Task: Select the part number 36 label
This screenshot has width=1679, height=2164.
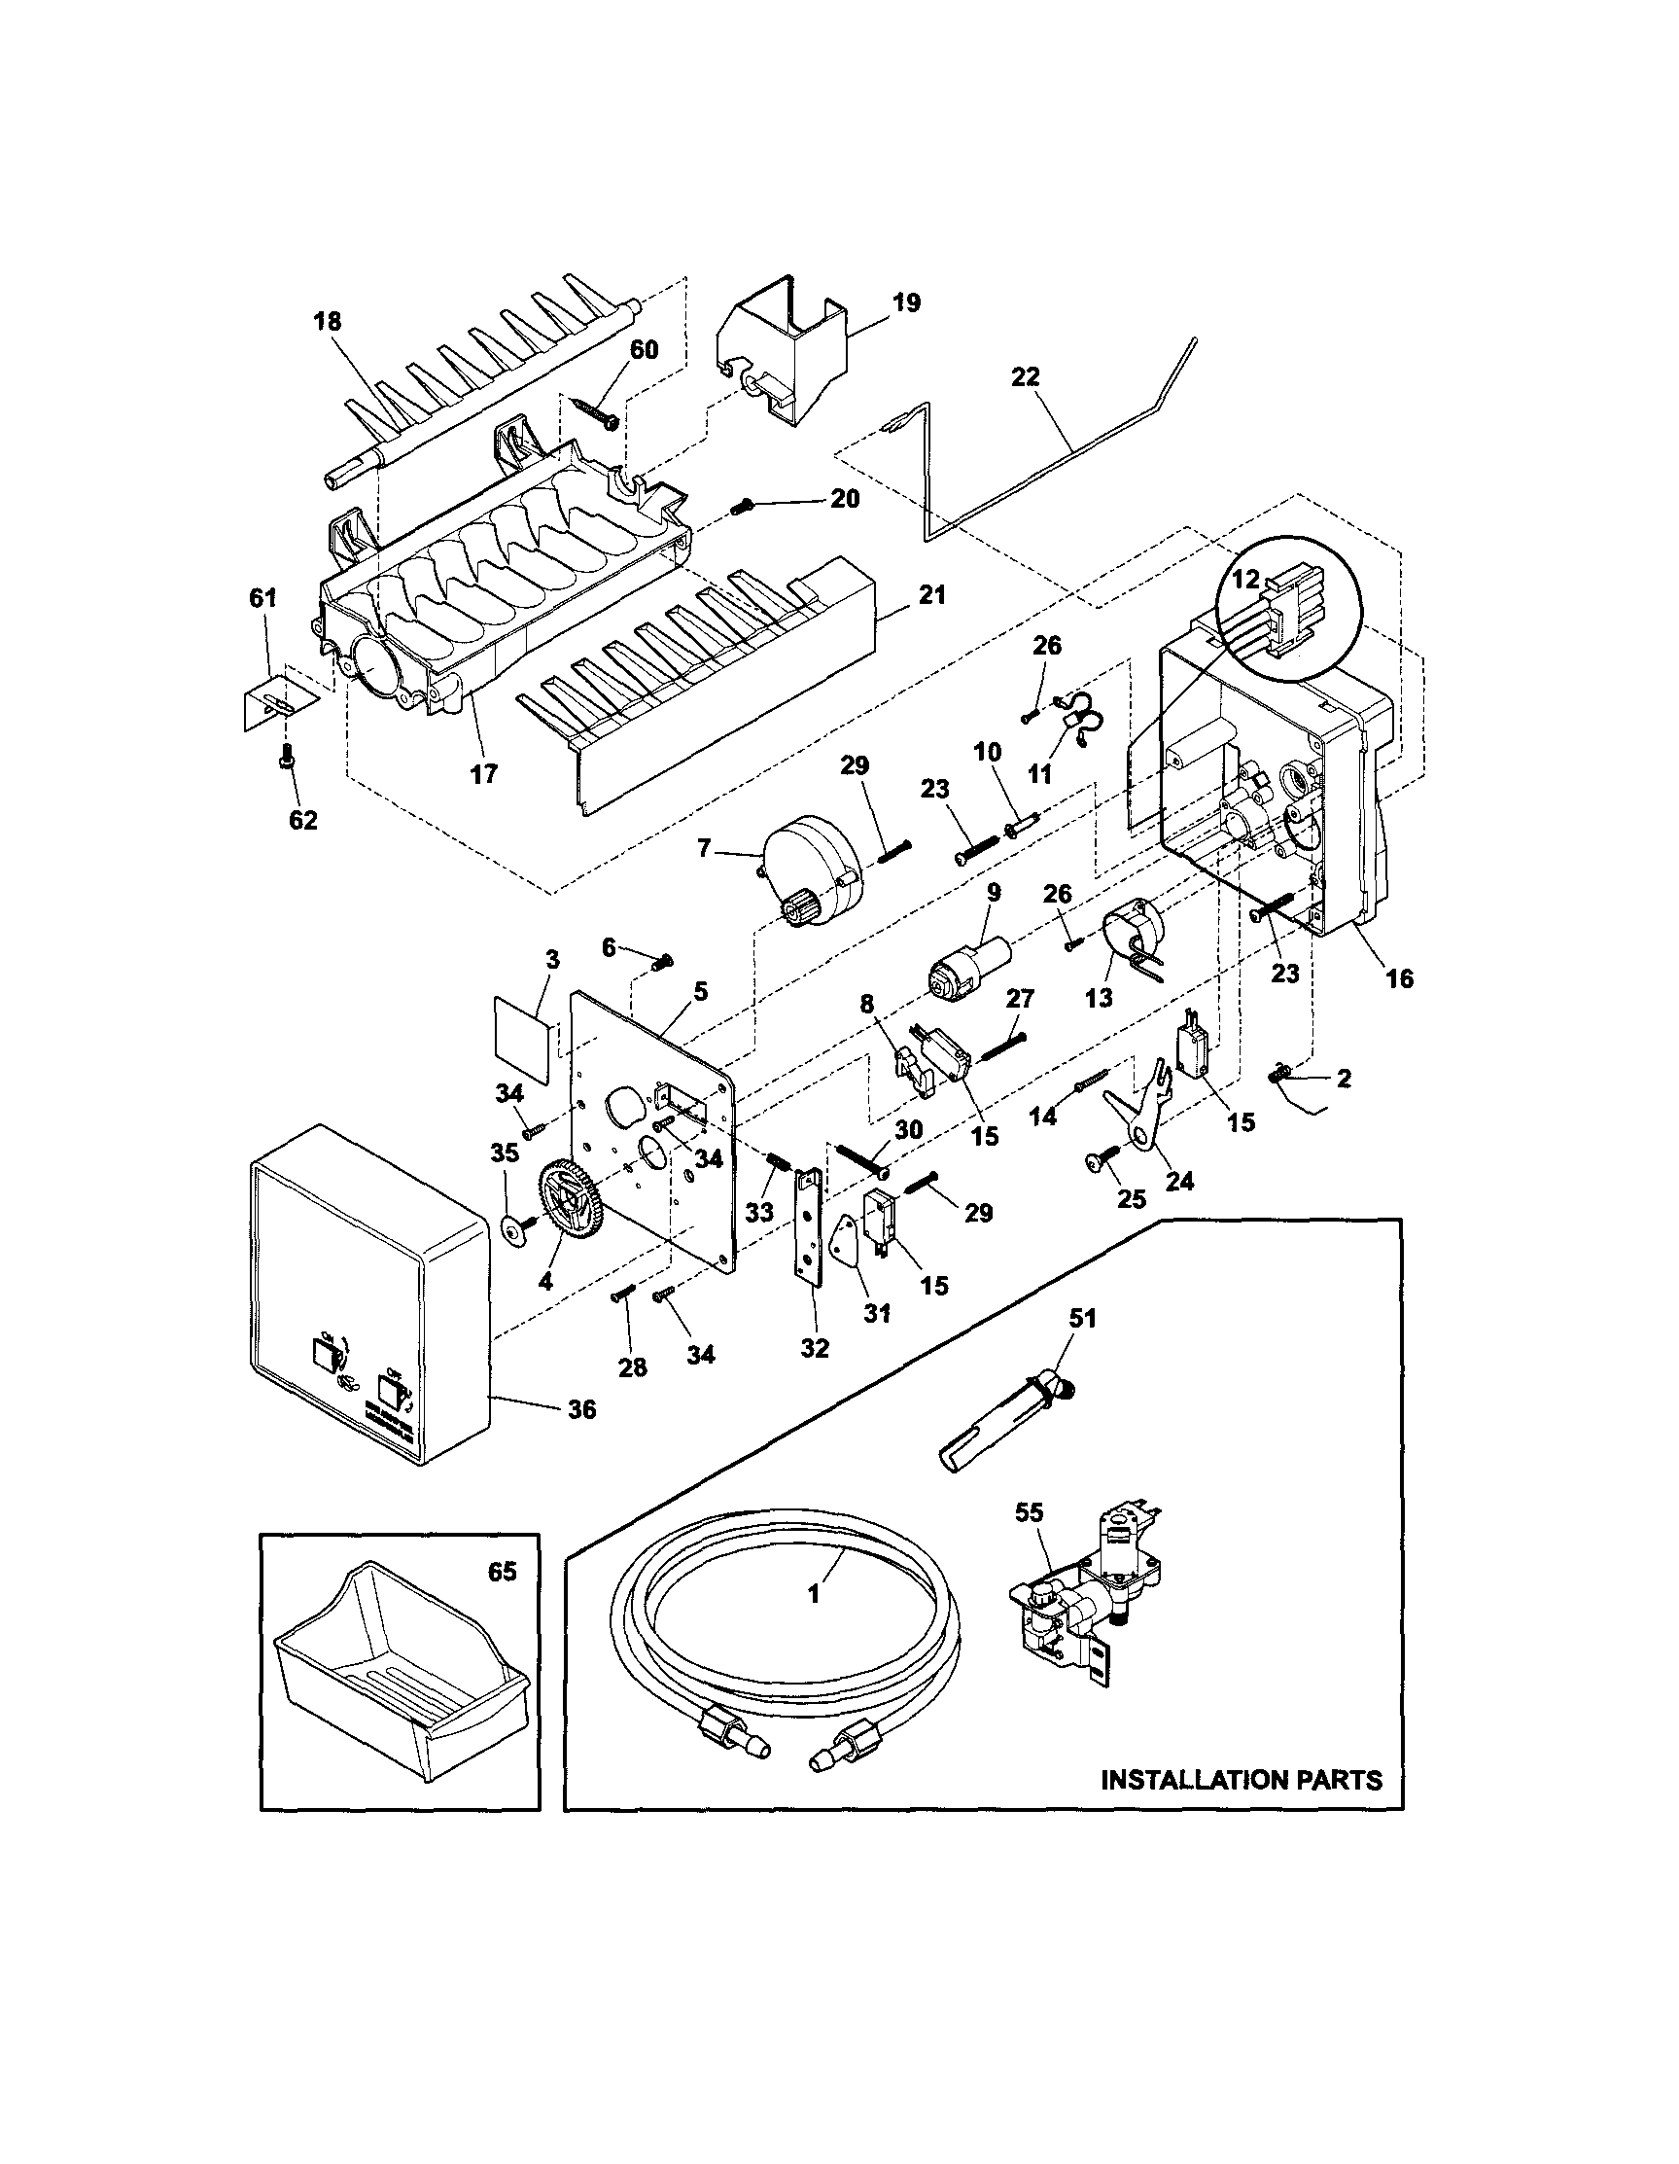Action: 581,1408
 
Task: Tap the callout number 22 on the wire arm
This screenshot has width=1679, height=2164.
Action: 1027,376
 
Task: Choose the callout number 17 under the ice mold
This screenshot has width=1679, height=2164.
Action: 483,773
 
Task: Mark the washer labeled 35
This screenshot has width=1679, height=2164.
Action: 513,1231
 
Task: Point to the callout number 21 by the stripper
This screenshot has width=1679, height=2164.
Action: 932,594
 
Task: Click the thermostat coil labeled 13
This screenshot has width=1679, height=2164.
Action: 1134,933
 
